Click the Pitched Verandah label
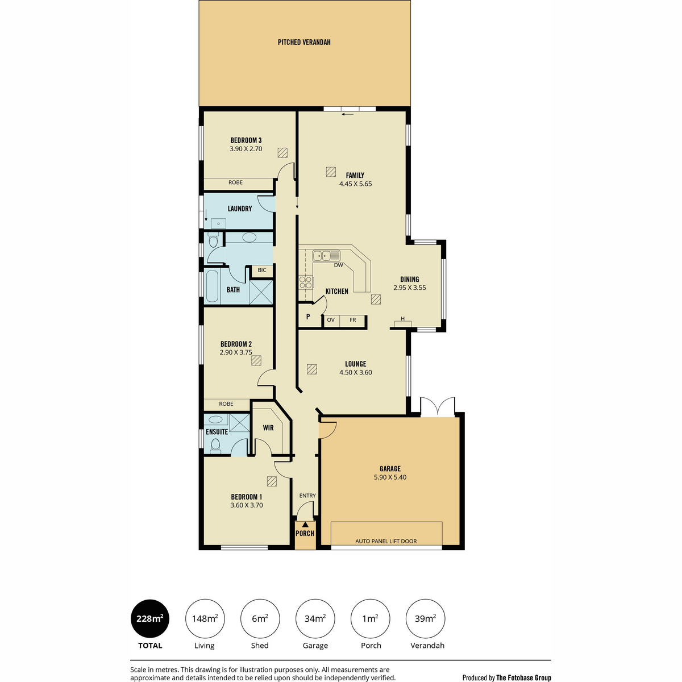click(304, 43)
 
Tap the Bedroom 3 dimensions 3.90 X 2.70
click(246, 149)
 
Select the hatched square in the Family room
click(331, 172)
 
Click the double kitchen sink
click(326, 255)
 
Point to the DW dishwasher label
click(338, 265)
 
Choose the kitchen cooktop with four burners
click(306, 282)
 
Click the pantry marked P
click(308, 317)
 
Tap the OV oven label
click(331, 320)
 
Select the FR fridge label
click(352, 320)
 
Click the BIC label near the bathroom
click(262, 270)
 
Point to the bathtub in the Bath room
click(212, 286)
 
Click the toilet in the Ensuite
click(215, 446)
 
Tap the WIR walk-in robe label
click(268, 428)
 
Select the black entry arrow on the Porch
click(305, 524)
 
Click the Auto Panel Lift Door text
click(386, 541)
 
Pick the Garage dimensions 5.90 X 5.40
click(390, 477)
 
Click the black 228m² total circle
click(150, 619)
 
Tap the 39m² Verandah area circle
click(425, 619)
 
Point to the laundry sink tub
click(218, 224)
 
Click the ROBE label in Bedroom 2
click(226, 404)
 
